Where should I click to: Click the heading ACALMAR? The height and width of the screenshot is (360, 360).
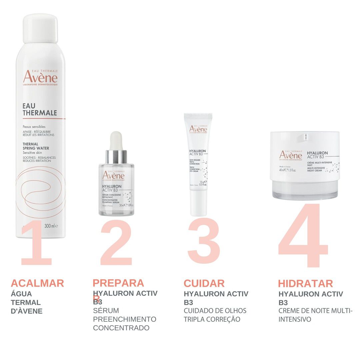(37, 283)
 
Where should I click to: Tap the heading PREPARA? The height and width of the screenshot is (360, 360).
(118, 283)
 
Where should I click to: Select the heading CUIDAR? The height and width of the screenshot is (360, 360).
(204, 283)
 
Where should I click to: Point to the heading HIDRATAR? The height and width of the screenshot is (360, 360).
(305, 284)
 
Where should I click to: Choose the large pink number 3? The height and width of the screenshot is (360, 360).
(204, 242)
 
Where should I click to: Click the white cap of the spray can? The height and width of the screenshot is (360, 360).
(40, 28)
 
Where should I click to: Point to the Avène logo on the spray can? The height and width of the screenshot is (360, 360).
(40, 77)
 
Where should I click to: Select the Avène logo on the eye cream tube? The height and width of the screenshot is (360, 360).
(198, 129)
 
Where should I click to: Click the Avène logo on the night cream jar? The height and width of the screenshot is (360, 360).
(291, 155)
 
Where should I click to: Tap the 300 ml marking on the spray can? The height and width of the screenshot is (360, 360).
(51, 226)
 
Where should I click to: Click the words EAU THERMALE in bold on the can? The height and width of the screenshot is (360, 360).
(40, 109)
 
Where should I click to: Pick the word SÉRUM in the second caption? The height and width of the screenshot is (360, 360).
(106, 311)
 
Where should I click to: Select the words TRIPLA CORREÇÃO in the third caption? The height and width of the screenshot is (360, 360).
(212, 319)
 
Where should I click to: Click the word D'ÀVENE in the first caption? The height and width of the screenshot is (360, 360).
(27, 311)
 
